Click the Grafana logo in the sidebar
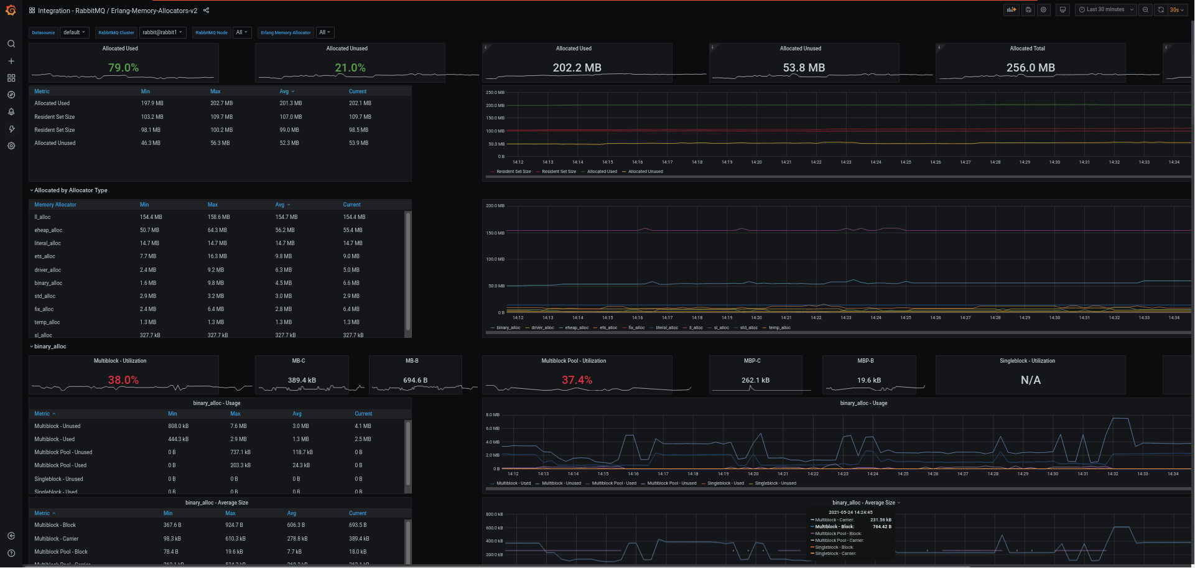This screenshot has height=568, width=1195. coord(11,10)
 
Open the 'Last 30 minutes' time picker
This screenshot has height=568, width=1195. coord(1105,10)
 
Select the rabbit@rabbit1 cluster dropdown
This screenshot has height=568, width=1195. coord(162,32)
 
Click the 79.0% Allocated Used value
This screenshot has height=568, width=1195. coord(123,68)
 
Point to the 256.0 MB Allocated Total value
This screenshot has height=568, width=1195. coord(1030,68)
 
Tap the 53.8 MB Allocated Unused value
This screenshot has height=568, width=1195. coord(804,68)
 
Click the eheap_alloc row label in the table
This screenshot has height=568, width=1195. coord(49,230)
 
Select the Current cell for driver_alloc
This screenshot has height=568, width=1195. coord(351,270)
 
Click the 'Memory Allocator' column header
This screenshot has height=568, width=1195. coord(55,205)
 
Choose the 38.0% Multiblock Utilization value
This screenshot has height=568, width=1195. coord(123,380)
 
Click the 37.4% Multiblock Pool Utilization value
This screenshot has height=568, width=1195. coord(577,380)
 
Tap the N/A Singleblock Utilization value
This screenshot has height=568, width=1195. coord(1030,380)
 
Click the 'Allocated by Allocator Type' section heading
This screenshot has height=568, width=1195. coord(70,190)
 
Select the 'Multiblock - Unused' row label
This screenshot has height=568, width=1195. coord(57,426)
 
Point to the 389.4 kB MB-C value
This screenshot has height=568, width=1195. coord(302,380)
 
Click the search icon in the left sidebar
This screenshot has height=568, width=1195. coord(11,44)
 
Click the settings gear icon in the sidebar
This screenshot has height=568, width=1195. coord(11,146)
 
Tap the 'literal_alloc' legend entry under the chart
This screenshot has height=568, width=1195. coord(667,328)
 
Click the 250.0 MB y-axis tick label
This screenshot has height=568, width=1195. coord(495,93)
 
